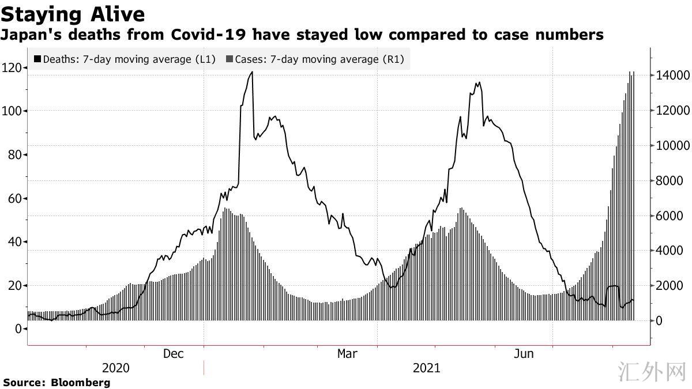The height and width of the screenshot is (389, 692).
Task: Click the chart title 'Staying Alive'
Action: click(x=73, y=13)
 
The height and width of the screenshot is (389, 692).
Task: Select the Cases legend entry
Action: click(x=316, y=59)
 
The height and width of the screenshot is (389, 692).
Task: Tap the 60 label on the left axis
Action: click(x=14, y=198)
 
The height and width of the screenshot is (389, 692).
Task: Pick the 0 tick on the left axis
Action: click(x=18, y=328)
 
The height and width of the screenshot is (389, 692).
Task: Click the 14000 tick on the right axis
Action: click(x=670, y=75)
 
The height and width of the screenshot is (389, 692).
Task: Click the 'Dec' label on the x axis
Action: click(x=173, y=353)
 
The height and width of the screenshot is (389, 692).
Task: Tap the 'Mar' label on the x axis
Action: click(x=348, y=353)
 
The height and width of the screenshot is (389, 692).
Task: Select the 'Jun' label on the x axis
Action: click(x=524, y=353)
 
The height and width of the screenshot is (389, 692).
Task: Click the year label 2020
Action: click(x=116, y=368)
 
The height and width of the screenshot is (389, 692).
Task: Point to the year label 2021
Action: click(x=427, y=368)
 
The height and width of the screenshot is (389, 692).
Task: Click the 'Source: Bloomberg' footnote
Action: click(x=57, y=382)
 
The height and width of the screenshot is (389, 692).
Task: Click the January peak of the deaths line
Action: click(x=252, y=72)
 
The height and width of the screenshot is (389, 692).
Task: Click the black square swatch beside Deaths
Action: click(x=38, y=59)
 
